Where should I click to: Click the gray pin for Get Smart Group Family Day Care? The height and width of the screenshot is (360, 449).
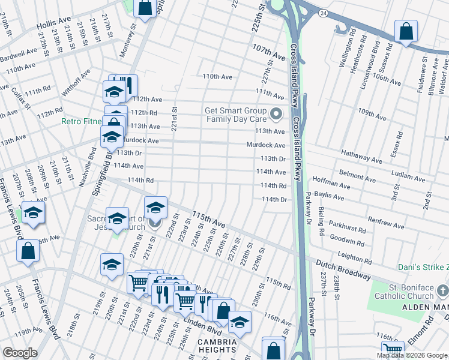276,113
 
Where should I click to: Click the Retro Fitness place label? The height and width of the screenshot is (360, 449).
82,121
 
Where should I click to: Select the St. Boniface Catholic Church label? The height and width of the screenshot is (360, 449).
411,292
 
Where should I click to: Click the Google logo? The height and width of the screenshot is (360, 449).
20,352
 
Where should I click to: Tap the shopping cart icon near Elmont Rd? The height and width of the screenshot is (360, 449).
393,349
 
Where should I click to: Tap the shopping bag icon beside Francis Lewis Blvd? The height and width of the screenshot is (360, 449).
28,251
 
